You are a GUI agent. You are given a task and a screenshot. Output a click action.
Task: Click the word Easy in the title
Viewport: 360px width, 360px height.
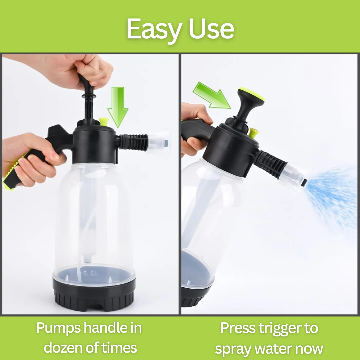pyautogui.click(x=153, y=30)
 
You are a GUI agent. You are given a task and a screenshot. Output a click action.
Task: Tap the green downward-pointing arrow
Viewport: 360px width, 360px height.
pyautogui.click(x=118, y=107)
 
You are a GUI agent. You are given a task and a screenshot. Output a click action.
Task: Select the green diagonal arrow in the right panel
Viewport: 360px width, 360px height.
pyautogui.click(x=212, y=96)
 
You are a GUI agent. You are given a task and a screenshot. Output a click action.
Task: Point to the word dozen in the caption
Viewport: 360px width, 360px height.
pyautogui.click(x=63, y=347)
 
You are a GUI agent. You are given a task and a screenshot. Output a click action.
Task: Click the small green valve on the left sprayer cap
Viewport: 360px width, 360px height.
pyautogui.click(x=104, y=122)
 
